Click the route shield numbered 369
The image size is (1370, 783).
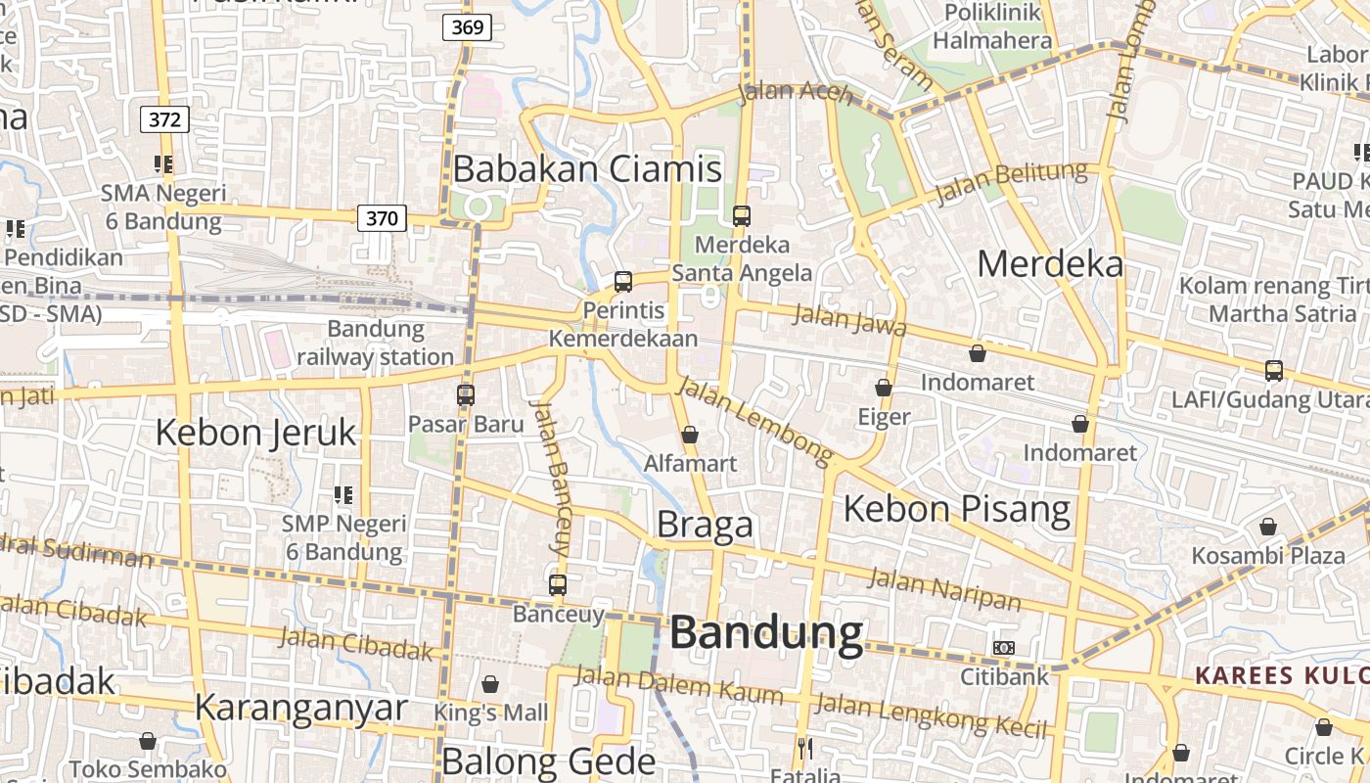467,27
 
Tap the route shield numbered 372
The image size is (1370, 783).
164,119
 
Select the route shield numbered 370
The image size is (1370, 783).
381,217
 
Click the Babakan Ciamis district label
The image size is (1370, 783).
587,169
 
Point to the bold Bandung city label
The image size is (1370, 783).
766,633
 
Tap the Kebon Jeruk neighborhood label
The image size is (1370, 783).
255,432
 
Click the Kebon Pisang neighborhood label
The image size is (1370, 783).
957,509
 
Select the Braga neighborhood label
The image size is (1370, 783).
705,525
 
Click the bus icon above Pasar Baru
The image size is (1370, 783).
466,395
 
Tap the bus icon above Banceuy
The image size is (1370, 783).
558,585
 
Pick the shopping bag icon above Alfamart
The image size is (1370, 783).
690,434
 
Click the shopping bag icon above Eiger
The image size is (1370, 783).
884,388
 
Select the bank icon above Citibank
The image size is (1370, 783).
1004,647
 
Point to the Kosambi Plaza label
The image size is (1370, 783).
1267,556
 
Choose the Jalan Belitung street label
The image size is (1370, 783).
1011,183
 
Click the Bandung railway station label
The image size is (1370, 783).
375,343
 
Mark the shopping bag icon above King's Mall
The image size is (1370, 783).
490,683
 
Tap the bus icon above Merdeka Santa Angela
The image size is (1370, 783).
742,215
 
